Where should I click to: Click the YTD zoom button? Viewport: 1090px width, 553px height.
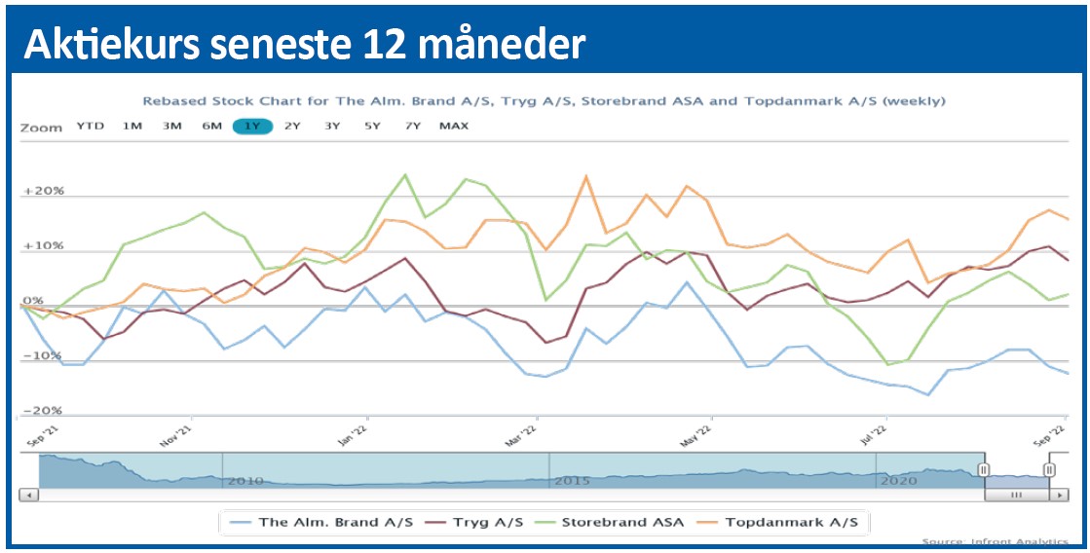[x=90, y=126]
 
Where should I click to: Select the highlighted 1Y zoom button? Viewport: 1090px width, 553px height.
[x=252, y=126]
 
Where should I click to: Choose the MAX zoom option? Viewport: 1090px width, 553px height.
[x=453, y=126]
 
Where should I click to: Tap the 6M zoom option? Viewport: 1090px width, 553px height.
[x=211, y=126]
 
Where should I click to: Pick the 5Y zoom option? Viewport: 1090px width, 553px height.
[x=372, y=126]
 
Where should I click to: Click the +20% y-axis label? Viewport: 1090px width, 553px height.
[x=43, y=192]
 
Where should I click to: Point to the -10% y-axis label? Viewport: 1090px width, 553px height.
[x=43, y=356]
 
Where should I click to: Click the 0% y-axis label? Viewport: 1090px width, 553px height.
[x=33, y=301]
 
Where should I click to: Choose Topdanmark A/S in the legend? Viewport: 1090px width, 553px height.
[x=790, y=522]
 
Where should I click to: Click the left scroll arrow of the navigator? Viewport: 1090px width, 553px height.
[x=28, y=495]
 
